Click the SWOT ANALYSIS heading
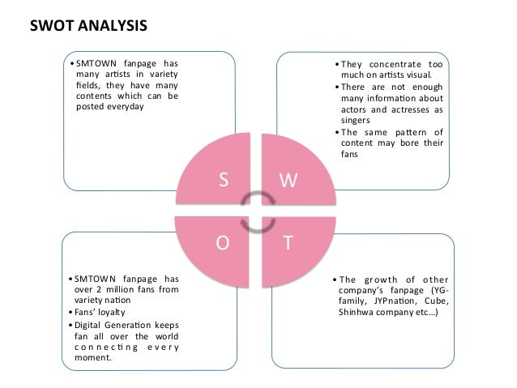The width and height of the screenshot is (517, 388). tap(88, 25)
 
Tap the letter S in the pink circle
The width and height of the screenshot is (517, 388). tap(224, 181)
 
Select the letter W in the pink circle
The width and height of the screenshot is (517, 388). tap(288, 181)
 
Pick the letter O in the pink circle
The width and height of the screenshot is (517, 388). tap(220, 241)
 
